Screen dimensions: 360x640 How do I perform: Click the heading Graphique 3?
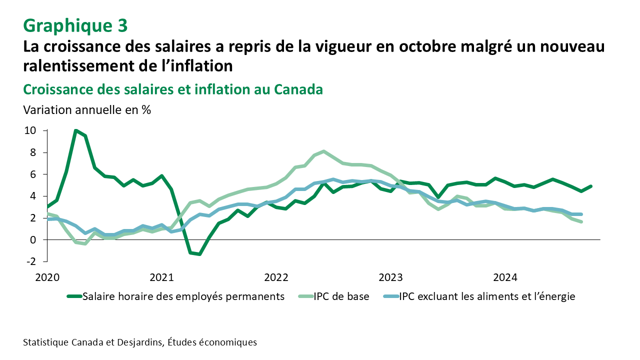(x=75, y=24)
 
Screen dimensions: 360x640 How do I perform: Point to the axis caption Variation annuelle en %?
(x=87, y=110)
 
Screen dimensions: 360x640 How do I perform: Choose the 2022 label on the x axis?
(x=276, y=276)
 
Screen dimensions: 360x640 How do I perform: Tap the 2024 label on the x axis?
(x=505, y=276)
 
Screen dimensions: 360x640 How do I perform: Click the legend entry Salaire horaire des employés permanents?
(x=183, y=296)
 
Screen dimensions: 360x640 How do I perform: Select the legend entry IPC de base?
(x=341, y=296)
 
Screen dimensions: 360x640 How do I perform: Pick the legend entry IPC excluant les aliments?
(x=487, y=296)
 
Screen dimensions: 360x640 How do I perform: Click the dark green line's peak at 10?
(x=75, y=131)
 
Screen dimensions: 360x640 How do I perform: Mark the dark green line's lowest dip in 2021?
(x=199, y=254)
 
